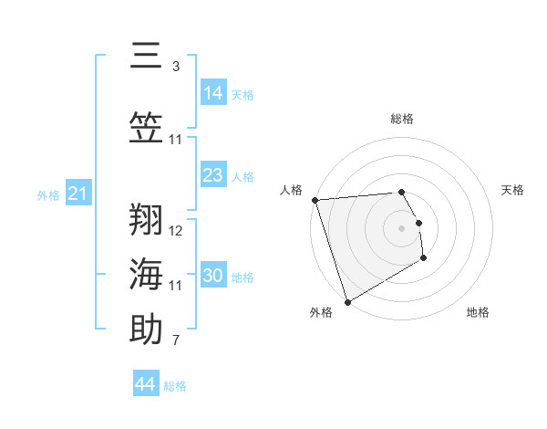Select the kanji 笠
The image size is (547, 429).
(146, 126)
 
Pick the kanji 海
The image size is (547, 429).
(146, 273)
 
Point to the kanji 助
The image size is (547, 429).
(146, 329)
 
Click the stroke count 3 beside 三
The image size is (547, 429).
(176, 66)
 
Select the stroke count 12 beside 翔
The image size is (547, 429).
(176, 230)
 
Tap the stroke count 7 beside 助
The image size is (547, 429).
(176, 341)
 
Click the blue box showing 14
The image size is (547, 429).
(213, 92)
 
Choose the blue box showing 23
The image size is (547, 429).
(213, 174)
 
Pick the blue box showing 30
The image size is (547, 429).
(213, 275)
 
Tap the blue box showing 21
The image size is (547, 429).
(78, 193)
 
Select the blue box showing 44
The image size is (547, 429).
(146, 384)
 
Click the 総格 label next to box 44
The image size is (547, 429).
(175, 386)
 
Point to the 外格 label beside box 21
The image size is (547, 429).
(48, 194)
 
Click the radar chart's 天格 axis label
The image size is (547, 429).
(513, 190)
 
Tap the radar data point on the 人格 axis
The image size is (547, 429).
(315, 200)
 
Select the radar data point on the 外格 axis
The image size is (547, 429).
(347, 301)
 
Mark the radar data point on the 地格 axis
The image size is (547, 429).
(424, 259)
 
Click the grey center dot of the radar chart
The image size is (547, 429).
(401, 228)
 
